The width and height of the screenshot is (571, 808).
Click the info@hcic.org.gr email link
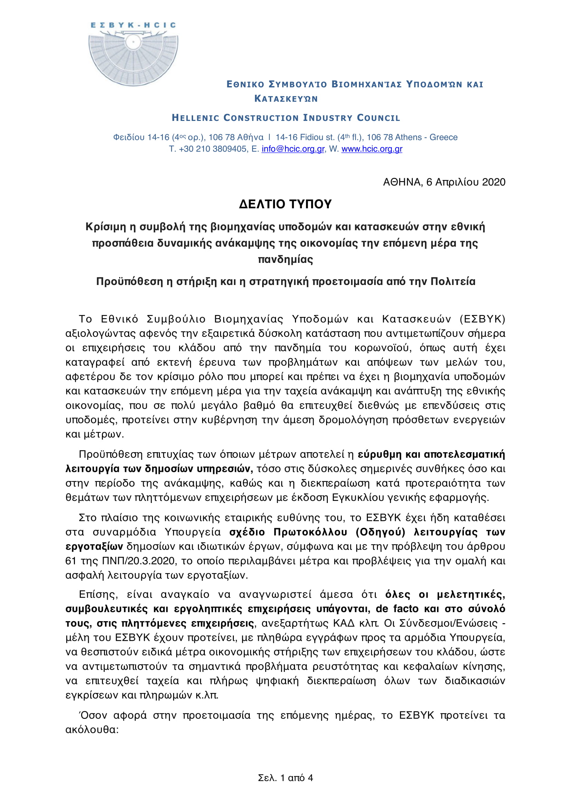(293, 149)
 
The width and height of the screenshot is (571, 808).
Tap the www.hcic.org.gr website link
(372, 149)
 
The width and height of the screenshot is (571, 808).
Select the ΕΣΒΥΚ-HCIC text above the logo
(133, 25)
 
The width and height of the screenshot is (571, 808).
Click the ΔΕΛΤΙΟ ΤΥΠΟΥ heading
(285, 204)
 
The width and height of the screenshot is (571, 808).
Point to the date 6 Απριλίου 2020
(465, 182)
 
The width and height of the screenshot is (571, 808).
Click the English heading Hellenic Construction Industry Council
(286, 118)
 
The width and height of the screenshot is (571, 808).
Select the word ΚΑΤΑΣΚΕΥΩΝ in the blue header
(286, 99)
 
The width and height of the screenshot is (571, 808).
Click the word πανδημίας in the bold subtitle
(285, 260)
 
